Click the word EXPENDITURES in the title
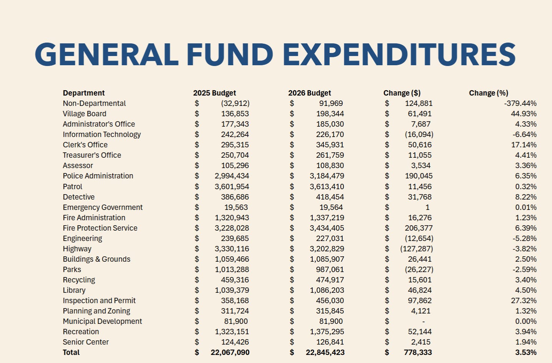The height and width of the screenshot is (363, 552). tap(399, 54)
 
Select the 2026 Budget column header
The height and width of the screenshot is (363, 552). tap(309, 93)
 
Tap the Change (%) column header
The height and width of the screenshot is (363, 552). tap(488, 93)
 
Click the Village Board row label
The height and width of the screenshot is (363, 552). tap(85, 114)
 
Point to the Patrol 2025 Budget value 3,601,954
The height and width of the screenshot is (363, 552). tap(232, 186)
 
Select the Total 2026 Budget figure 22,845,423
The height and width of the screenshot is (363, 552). tap(325, 352)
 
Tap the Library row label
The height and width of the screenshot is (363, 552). tap(74, 290)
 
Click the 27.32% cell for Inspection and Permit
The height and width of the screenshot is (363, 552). tap(524, 300)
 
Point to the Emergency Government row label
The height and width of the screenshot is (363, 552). tap(103, 207)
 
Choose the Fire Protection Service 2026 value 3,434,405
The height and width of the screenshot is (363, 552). tap(327, 228)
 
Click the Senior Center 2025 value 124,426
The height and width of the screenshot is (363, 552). tap(235, 342)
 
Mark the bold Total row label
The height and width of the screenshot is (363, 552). tap(71, 352)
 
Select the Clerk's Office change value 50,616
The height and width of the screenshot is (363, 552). tap(419, 145)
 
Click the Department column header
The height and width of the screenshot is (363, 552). tap(84, 93)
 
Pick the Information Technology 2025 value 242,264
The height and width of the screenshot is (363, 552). tap(235, 134)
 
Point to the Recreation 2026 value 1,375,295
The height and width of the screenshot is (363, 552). tap(327, 332)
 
